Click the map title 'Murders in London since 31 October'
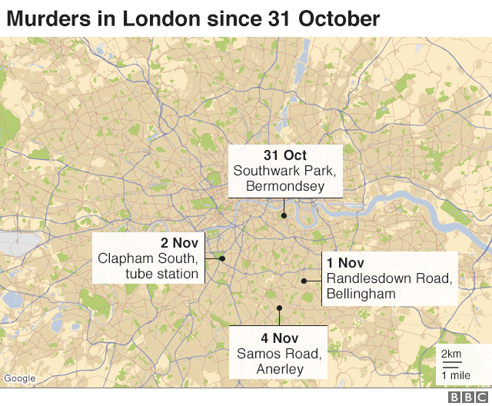tap(193, 18)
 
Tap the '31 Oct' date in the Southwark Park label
tap(285, 155)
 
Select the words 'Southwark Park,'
tap(285, 171)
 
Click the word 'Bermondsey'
tap(285, 186)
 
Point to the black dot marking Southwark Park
tap(284, 215)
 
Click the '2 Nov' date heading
tap(180, 243)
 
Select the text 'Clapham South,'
tap(148, 258)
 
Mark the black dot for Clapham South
tap(222, 258)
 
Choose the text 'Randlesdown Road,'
tap(388, 278)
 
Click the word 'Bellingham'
tap(361, 294)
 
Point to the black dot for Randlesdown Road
tap(304, 281)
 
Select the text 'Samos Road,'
tap(278, 354)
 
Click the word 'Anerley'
tap(278, 369)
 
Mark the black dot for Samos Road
tap(279, 308)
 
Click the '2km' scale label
tap(451, 354)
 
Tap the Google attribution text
tap(19, 378)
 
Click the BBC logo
tap(464, 397)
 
